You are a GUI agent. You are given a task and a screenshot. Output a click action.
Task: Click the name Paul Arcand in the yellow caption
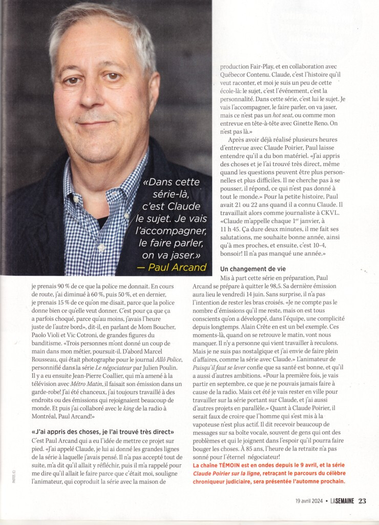click(178, 267)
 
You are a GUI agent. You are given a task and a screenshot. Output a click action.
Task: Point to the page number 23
click(362, 500)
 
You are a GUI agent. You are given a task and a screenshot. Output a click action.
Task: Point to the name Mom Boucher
click(172, 318)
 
